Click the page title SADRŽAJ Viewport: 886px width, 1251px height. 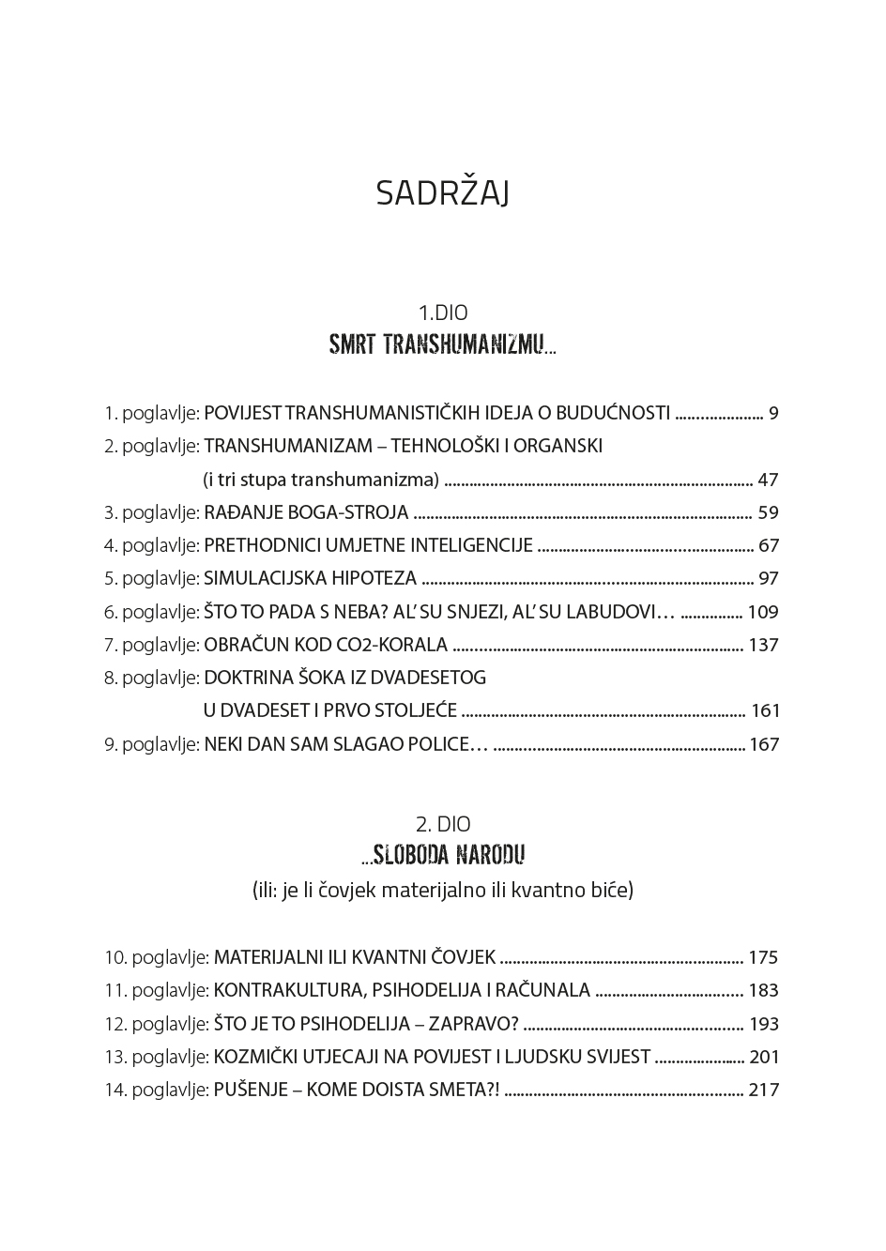point(442,193)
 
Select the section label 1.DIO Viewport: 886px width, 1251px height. point(442,313)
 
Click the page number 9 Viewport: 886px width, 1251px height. point(773,413)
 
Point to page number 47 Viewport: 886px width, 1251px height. point(768,480)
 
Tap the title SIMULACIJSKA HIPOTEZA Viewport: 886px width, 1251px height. point(310,578)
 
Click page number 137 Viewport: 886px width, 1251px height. point(763,645)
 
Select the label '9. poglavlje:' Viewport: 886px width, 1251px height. point(151,744)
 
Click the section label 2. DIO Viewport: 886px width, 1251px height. point(442,824)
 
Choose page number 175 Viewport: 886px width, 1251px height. point(763,957)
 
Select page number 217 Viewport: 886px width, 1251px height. point(763,1090)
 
